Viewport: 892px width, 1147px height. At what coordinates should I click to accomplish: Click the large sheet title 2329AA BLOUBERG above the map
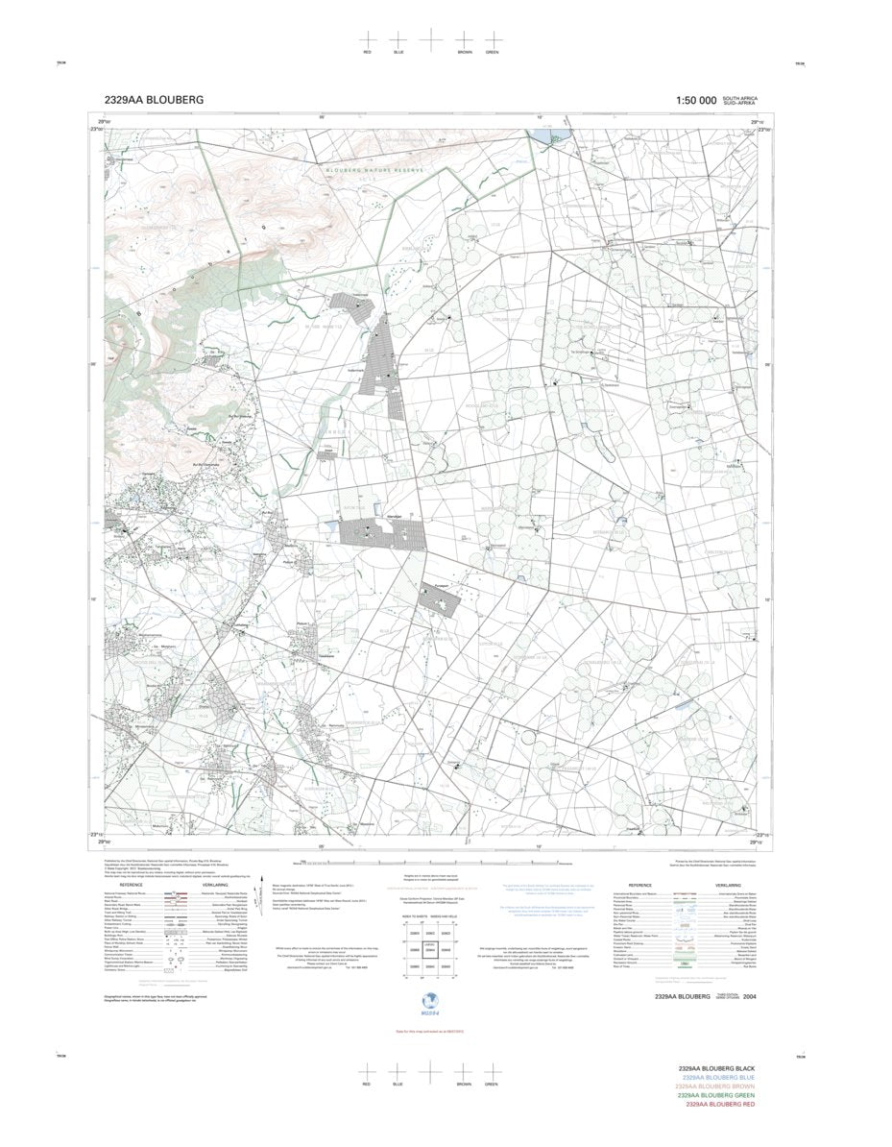click(x=154, y=100)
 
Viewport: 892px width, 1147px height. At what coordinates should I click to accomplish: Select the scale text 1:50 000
click(x=696, y=100)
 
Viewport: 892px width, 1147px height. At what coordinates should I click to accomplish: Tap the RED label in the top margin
click(x=367, y=51)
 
